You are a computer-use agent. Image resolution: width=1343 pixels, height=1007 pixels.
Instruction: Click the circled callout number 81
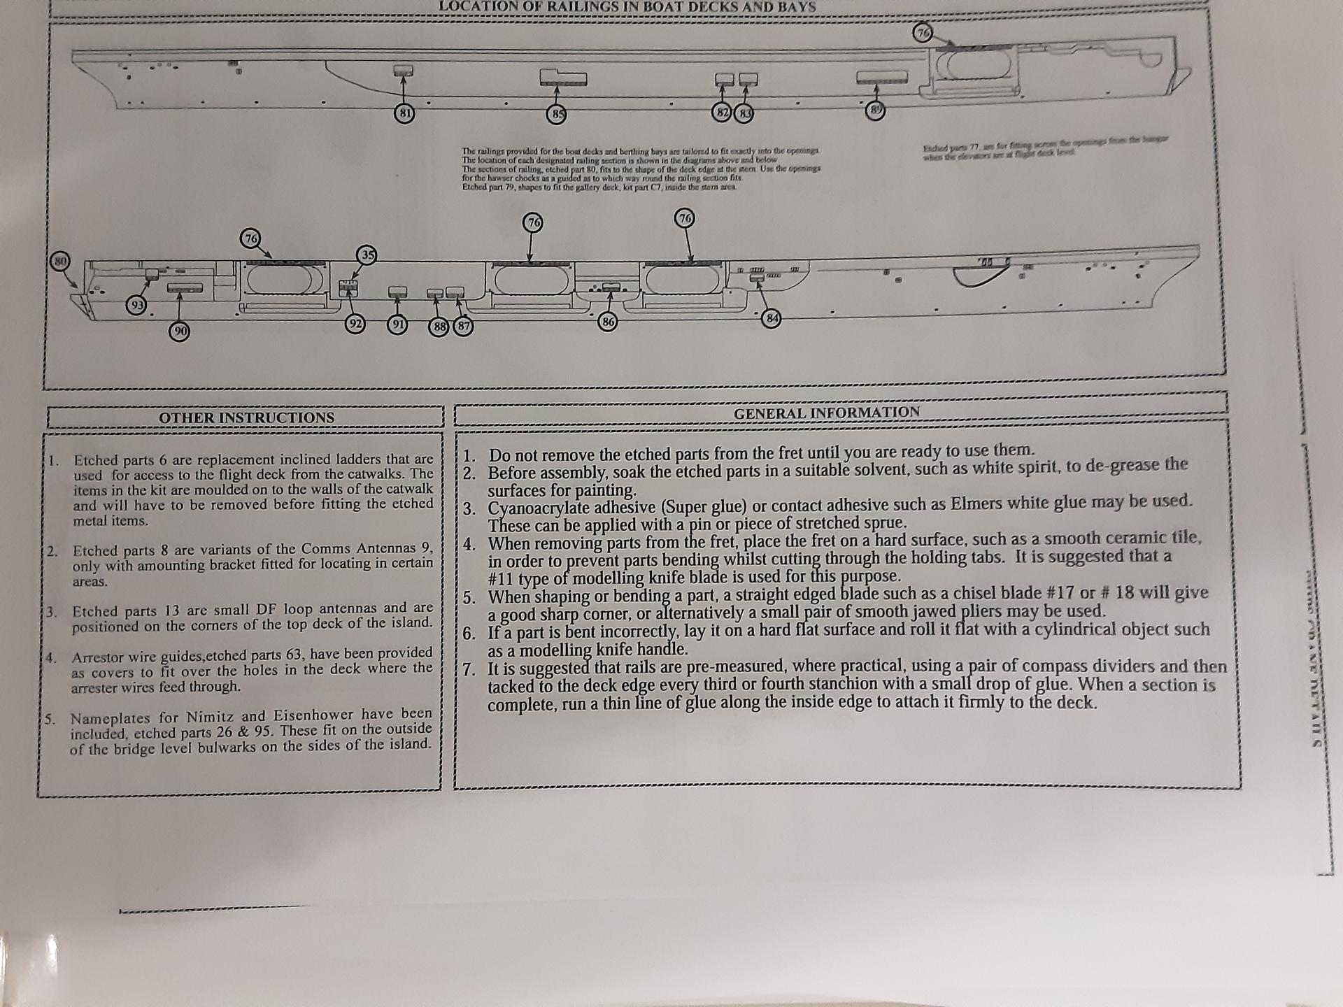pyautogui.click(x=404, y=113)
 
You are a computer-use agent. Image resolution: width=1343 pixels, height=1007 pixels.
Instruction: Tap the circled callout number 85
pyautogui.click(x=557, y=114)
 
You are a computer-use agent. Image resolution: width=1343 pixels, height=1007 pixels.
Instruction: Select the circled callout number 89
pyautogui.click(x=875, y=110)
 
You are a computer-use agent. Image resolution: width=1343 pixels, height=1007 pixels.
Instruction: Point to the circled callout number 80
pyautogui.click(x=60, y=261)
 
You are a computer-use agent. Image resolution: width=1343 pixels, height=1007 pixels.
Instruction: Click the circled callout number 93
pyautogui.click(x=136, y=305)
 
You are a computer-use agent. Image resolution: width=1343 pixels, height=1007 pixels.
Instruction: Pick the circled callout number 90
pyautogui.click(x=180, y=331)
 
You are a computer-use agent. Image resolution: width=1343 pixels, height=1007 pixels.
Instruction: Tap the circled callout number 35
pyautogui.click(x=367, y=255)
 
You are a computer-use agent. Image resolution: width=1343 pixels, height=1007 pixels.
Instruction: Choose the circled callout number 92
pyautogui.click(x=356, y=324)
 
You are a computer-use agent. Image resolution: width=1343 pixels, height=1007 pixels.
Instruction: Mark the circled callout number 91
pyautogui.click(x=397, y=324)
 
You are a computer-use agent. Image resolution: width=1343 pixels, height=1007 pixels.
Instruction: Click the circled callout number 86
pyautogui.click(x=609, y=322)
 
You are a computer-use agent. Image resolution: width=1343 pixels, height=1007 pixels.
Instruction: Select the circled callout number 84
pyautogui.click(x=772, y=319)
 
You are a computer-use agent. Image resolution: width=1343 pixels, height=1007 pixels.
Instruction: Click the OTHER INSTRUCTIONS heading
pyautogui.click(x=246, y=417)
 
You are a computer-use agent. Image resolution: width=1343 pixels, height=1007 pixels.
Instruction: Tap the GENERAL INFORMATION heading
pyautogui.click(x=827, y=413)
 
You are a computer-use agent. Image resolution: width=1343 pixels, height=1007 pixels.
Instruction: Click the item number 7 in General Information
pyautogui.click(x=469, y=669)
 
